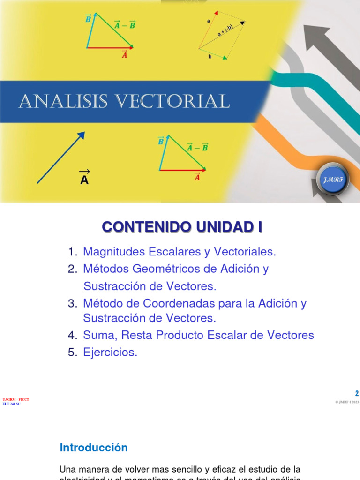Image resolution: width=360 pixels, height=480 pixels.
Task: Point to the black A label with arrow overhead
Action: [x=84, y=178]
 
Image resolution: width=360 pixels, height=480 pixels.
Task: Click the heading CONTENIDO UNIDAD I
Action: [x=182, y=227]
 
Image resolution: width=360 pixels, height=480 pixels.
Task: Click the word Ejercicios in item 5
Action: [x=110, y=352]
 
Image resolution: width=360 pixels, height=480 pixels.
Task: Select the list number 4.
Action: [x=72, y=335]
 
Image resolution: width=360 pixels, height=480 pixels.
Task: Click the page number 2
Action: [x=356, y=394]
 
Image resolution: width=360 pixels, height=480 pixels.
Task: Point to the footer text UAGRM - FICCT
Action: [x=15, y=399]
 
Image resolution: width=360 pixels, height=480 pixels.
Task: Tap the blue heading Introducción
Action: [x=94, y=448]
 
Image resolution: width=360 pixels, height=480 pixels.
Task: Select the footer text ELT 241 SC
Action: [x=12, y=404]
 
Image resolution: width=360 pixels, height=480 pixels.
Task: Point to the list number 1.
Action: [x=72, y=252]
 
